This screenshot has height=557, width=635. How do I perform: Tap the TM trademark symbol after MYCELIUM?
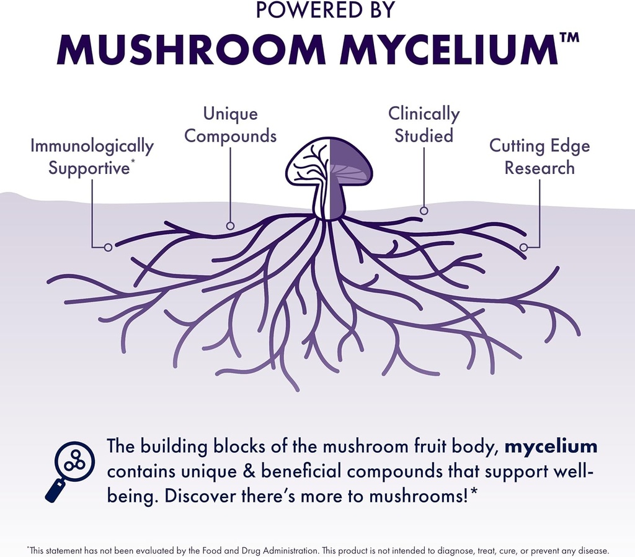click(569, 37)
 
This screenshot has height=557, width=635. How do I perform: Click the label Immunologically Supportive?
click(92, 157)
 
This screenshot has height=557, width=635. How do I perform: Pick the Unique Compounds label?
click(230, 125)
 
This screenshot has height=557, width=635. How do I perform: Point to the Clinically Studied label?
click(424, 125)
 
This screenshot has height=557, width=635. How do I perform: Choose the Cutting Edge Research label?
click(539, 157)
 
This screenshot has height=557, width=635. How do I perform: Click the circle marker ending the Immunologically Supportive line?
click(108, 247)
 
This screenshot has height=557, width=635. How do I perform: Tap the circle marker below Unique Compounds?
click(230, 226)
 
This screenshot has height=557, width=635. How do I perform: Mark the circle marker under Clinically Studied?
click(424, 211)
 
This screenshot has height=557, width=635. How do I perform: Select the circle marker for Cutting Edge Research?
click(523, 247)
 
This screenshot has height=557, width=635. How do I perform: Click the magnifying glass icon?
click(70, 469)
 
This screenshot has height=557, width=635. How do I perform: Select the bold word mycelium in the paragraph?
click(551, 446)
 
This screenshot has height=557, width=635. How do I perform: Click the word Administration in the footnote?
click(289, 550)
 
